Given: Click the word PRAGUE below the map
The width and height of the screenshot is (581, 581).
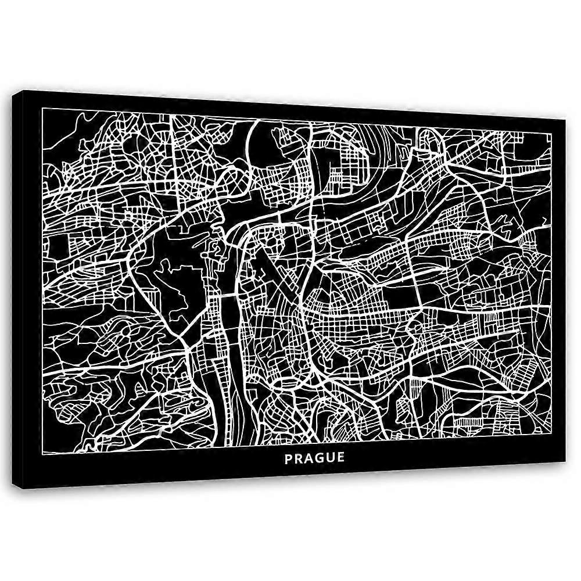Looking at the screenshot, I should (314, 457).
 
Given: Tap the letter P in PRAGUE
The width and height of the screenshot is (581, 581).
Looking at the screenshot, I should (289, 457).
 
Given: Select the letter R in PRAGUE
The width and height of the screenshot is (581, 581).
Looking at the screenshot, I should (299, 457).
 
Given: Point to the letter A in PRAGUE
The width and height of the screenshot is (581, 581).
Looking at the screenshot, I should (309, 457).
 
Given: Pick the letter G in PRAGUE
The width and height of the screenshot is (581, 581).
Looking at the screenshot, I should (320, 457).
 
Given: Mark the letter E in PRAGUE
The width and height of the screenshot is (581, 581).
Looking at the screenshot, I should (340, 457).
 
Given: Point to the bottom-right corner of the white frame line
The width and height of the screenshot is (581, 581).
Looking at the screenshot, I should (550, 431).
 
